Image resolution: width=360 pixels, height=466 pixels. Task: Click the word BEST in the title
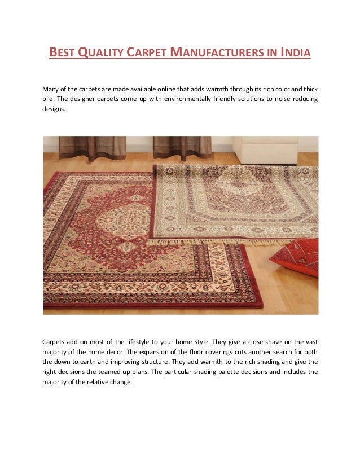point(62,54)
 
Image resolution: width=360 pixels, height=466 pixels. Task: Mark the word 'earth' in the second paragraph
point(90,362)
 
